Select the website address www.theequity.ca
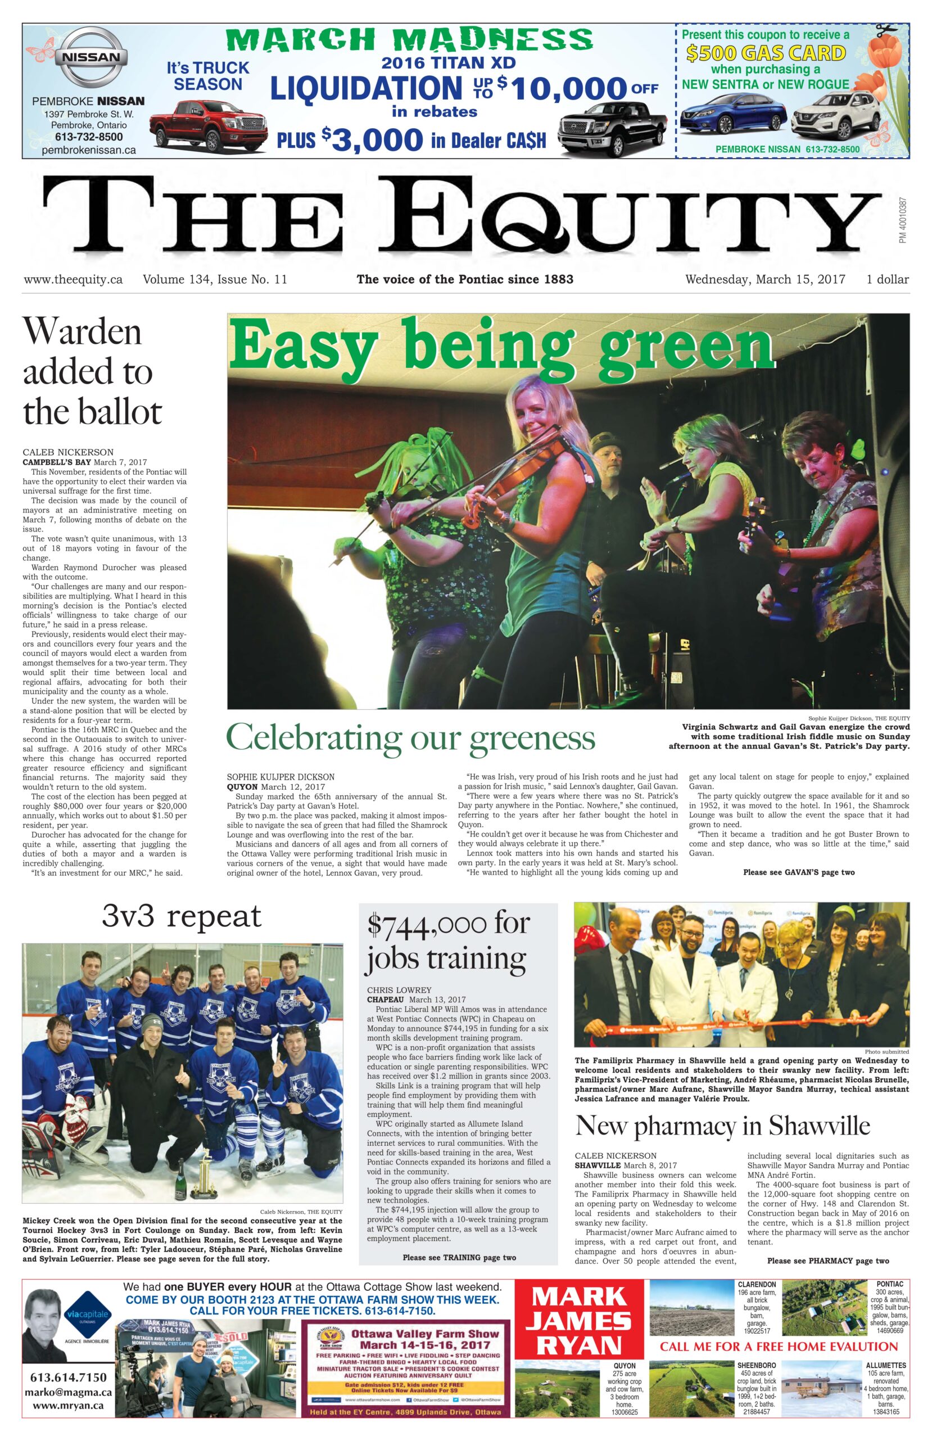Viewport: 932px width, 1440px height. [x=73, y=279]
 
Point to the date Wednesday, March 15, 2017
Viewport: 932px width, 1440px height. [x=764, y=279]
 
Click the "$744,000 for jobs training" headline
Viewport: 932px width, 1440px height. [x=447, y=941]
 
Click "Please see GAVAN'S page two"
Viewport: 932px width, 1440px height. [x=798, y=872]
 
